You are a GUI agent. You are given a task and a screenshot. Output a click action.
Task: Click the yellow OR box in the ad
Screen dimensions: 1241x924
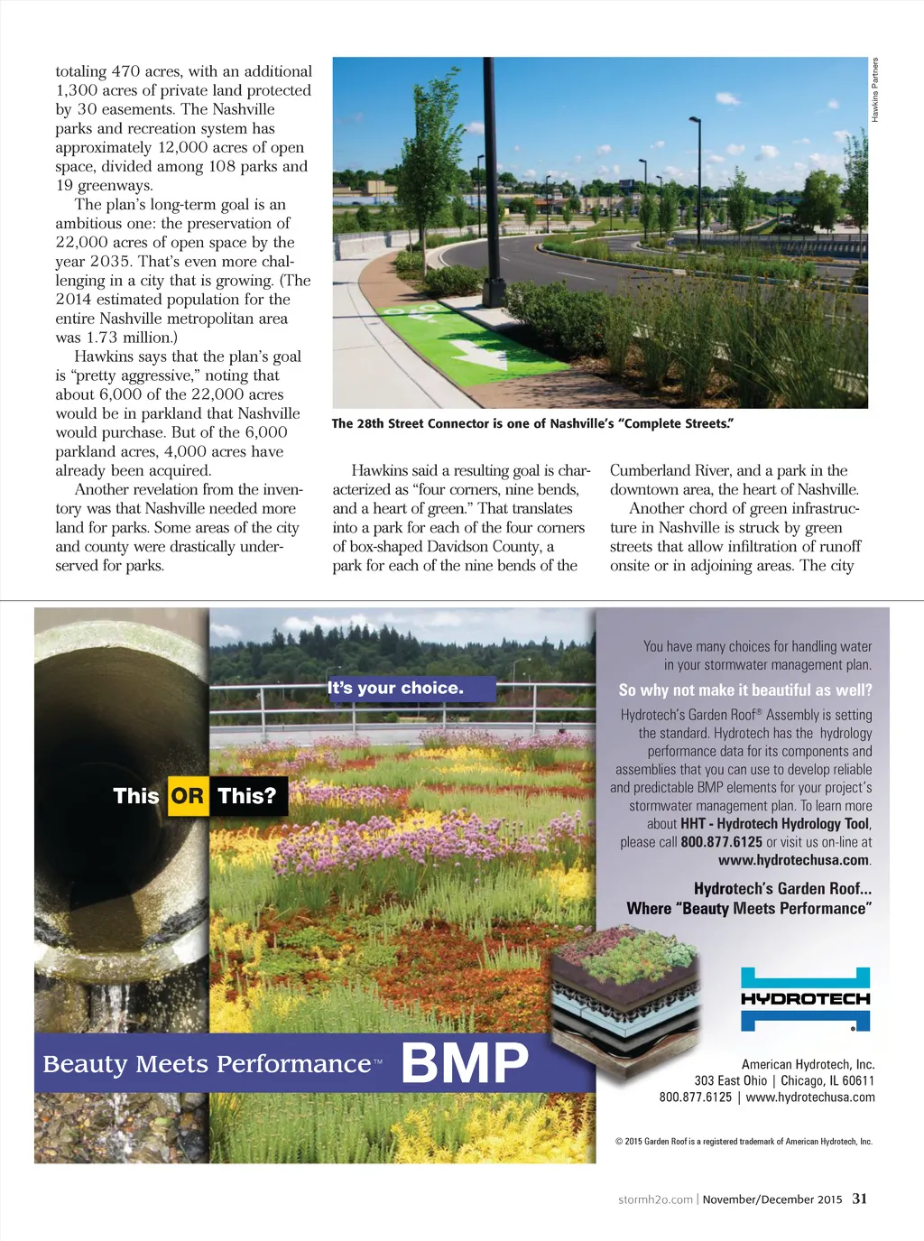[x=188, y=796]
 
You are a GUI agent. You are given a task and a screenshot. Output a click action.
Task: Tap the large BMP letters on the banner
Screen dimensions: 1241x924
[x=465, y=1062]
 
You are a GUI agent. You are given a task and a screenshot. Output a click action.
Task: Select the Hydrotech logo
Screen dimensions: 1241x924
[x=805, y=999]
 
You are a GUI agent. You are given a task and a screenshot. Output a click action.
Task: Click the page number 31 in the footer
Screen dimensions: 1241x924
[x=860, y=1199]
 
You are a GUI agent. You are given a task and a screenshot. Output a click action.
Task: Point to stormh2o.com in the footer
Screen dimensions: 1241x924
[x=655, y=1199]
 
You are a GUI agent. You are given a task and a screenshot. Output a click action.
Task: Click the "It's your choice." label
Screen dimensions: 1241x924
[x=396, y=689]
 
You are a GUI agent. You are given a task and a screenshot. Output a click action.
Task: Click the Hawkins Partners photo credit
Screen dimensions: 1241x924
[x=874, y=90]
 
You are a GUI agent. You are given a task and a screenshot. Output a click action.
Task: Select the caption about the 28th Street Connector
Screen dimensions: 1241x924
[x=532, y=423]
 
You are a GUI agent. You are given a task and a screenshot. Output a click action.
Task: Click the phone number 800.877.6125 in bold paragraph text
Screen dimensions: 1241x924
[x=721, y=842]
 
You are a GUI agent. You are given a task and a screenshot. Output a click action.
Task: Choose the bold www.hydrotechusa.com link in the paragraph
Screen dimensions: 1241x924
[x=793, y=860]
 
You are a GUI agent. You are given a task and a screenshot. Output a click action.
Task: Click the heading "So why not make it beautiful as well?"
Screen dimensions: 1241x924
[x=745, y=690]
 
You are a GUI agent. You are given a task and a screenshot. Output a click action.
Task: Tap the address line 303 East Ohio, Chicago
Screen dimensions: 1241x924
[x=784, y=1080]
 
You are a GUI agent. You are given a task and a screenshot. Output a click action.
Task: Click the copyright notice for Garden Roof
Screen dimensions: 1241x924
[x=744, y=1142]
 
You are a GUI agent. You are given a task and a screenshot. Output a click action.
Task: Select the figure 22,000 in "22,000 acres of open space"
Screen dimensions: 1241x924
[x=83, y=242]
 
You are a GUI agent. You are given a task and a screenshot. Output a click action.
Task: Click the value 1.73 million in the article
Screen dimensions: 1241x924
[x=128, y=338]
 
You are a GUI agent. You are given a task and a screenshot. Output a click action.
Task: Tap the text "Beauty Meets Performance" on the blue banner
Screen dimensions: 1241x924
[x=207, y=1064]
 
